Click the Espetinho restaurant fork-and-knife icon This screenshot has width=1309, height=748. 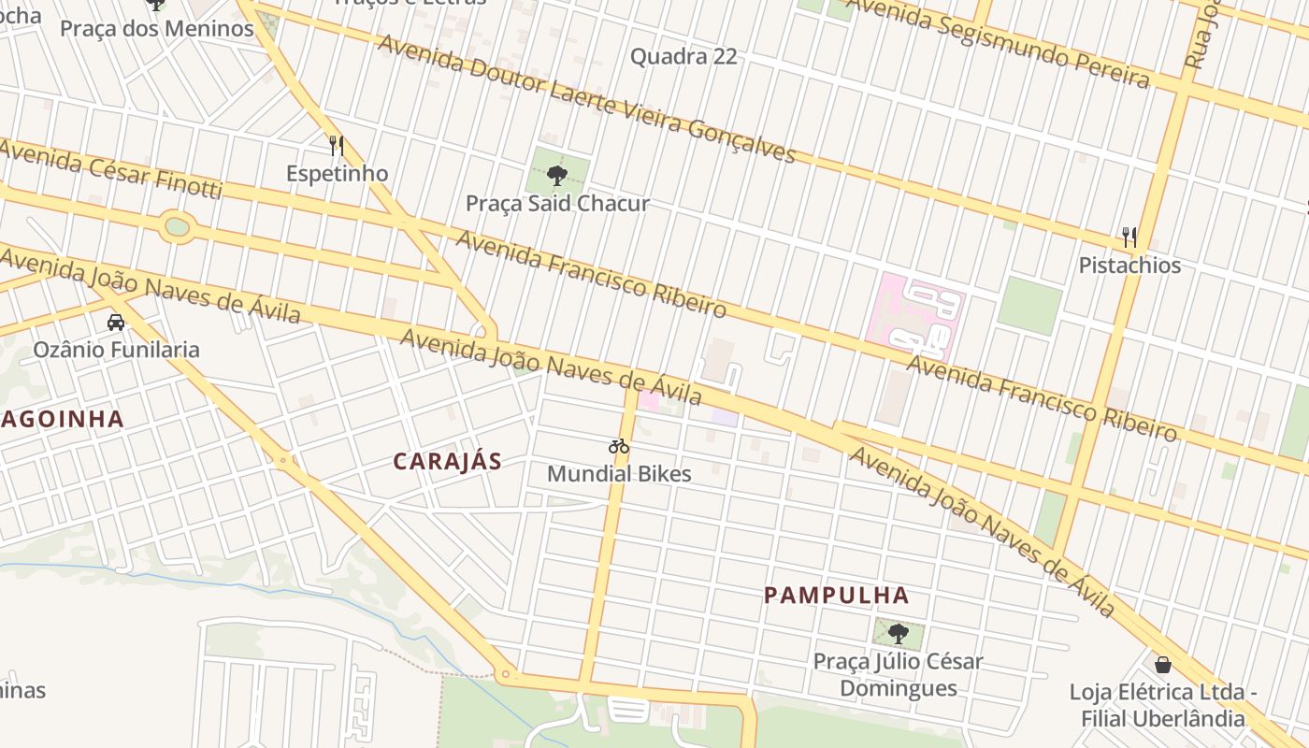click(337, 146)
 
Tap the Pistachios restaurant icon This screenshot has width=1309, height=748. click(1129, 237)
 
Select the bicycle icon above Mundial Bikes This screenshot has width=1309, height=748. click(619, 446)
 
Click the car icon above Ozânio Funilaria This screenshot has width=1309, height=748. click(116, 323)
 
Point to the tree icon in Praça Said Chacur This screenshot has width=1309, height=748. click(557, 175)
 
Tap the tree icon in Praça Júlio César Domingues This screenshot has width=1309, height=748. click(899, 634)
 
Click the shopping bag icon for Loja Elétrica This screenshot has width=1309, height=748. click(1163, 665)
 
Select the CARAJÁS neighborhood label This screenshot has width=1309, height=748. click(447, 461)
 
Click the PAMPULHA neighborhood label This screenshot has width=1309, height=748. click(837, 595)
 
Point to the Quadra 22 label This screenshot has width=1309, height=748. click(683, 56)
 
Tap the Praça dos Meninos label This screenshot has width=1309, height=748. click(157, 28)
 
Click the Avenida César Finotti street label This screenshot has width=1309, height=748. click(110, 169)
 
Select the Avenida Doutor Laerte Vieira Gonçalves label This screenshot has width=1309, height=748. click(586, 98)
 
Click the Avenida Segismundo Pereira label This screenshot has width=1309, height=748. click(995, 43)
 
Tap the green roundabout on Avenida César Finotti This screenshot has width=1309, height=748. click(177, 226)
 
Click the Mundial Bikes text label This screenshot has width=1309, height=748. click(619, 473)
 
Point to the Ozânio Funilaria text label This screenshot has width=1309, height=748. click(117, 350)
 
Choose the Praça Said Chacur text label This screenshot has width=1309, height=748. click(557, 203)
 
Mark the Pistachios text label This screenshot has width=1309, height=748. click(1129, 266)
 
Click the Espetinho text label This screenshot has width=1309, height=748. click(337, 174)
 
